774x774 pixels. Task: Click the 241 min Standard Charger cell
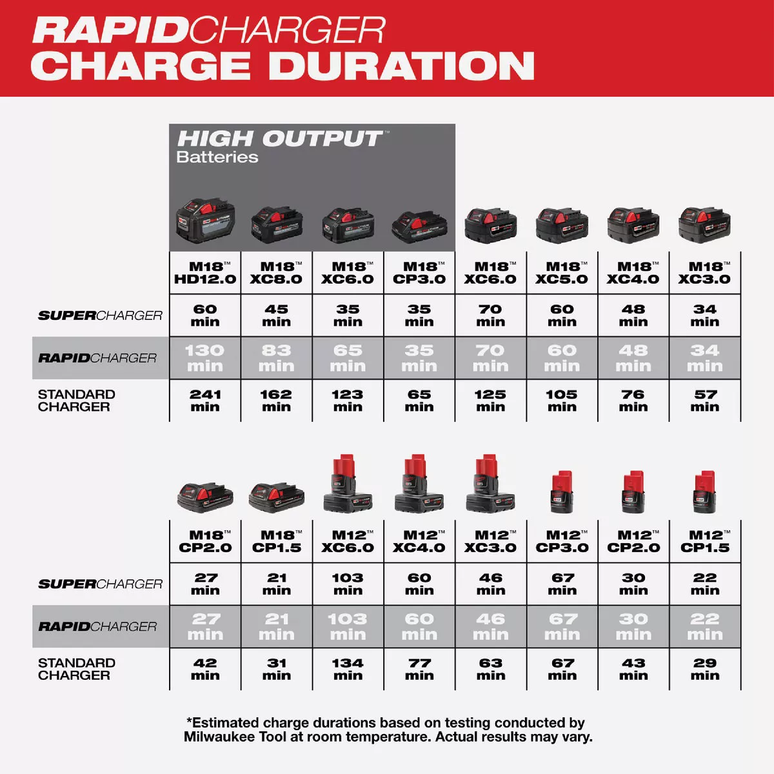(205, 401)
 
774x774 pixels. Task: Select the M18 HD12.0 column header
(205, 273)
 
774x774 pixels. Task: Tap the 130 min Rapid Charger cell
(205, 358)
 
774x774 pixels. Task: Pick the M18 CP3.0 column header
(419, 273)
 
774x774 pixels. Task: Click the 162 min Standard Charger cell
(276, 401)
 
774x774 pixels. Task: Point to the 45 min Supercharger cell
(276, 315)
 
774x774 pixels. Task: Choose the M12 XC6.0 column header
(348, 541)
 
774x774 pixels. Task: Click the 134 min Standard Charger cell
(348, 669)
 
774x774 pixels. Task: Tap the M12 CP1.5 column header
(705, 541)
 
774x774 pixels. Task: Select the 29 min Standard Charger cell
(705, 669)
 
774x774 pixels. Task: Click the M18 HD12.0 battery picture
(205, 221)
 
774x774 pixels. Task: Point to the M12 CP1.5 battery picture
(705, 491)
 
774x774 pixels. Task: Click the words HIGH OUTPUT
(279, 139)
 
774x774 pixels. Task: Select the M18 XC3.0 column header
(705, 273)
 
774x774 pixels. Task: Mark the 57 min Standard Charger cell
(705, 401)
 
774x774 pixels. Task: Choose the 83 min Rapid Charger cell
(276, 358)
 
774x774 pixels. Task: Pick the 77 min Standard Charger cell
(419, 669)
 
